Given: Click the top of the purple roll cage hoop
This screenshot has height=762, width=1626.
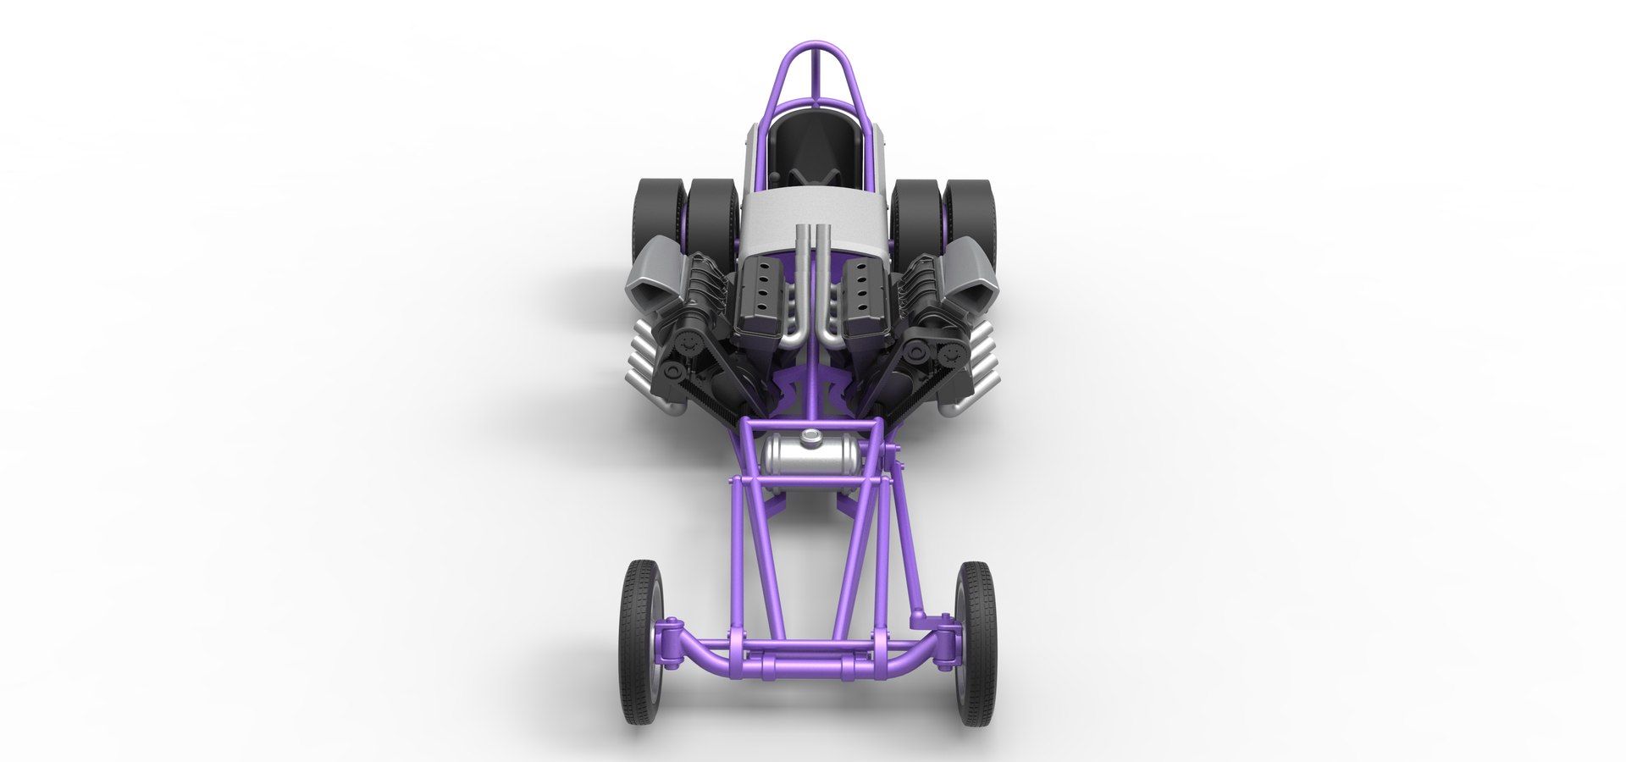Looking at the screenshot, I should point(813,45).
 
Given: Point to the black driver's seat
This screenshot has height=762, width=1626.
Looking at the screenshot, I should point(811,144).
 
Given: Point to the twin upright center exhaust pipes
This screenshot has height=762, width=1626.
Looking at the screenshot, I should point(813,279).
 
